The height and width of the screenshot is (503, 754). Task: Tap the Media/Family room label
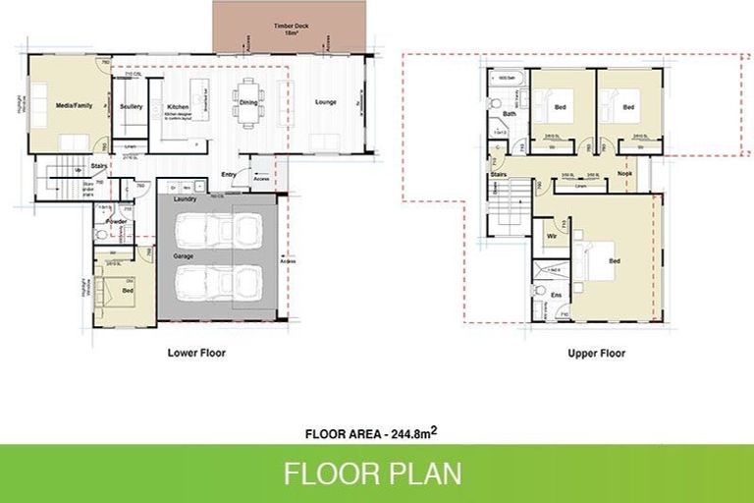pos(74,104)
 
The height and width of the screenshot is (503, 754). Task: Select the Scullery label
pos(132,106)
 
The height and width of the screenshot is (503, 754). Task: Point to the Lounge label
pos(325,102)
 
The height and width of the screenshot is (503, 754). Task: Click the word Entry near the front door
pos(229,175)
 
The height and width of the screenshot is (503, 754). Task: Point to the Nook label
pos(624,174)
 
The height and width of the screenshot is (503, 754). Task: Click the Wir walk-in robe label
pos(552,236)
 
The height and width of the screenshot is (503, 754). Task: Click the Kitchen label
pos(178,106)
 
